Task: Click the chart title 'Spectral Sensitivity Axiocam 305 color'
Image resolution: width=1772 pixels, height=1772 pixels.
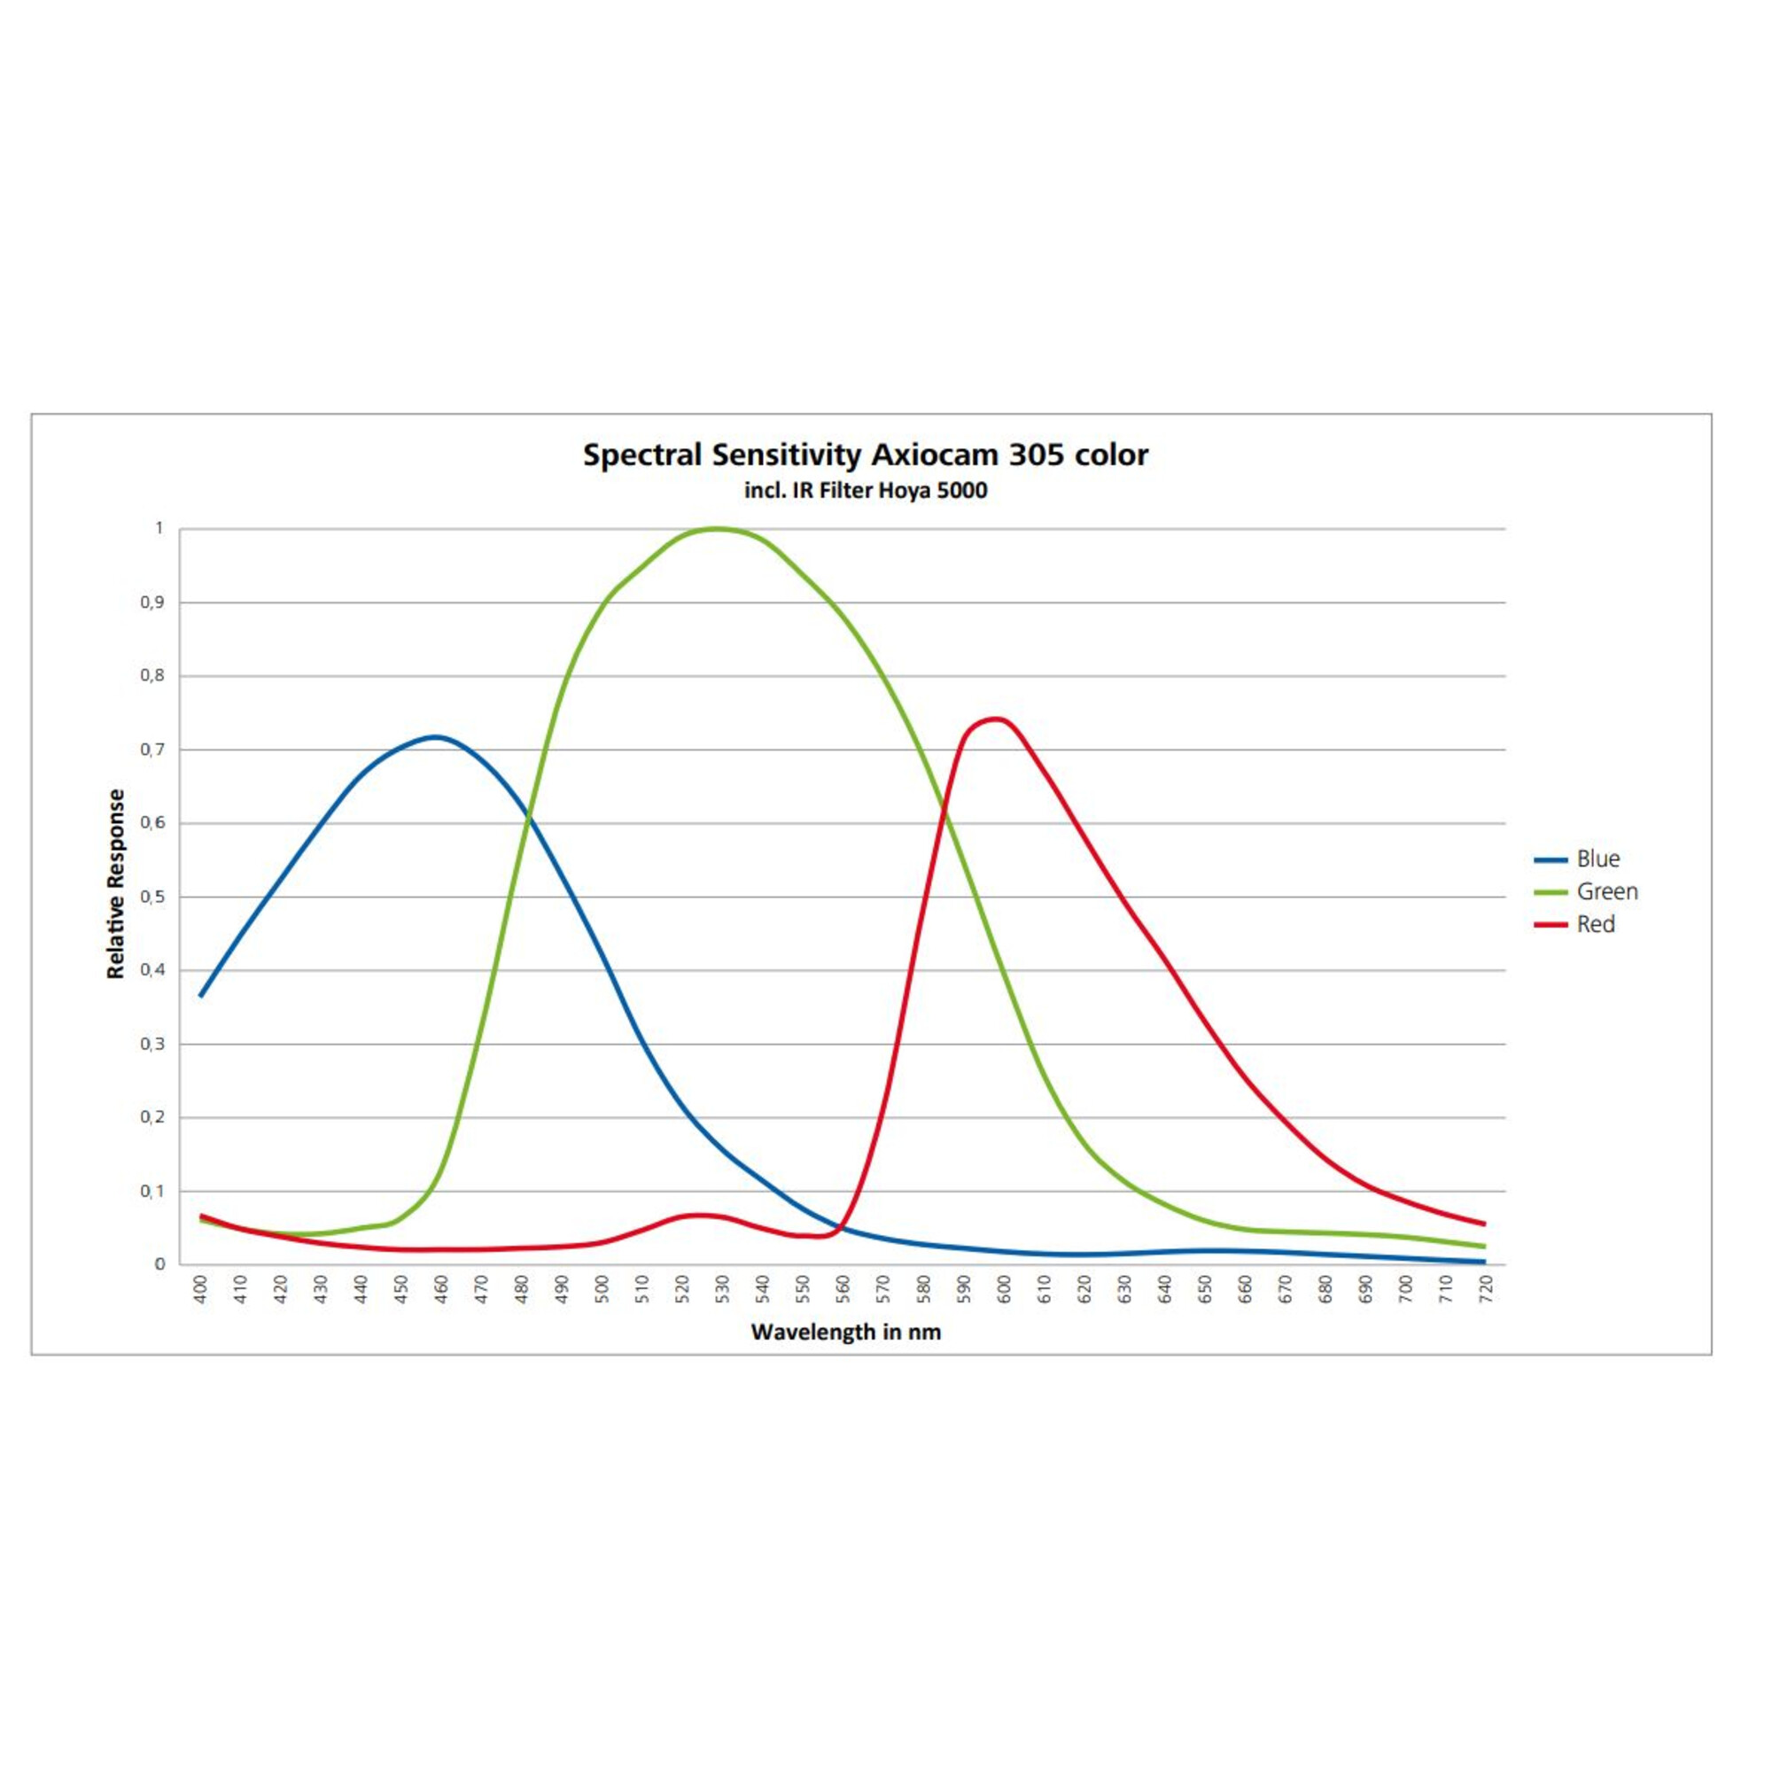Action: (865, 455)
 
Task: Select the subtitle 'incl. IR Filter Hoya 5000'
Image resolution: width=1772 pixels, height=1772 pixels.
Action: (865, 491)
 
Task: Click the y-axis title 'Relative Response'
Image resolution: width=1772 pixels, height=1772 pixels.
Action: (115, 884)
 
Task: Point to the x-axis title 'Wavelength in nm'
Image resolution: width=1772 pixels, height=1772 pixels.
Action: (845, 1333)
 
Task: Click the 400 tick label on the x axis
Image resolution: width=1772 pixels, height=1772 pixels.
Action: (201, 1291)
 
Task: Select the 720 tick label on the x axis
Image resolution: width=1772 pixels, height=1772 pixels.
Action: (1486, 1291)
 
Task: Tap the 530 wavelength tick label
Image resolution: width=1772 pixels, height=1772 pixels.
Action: (723, 1291)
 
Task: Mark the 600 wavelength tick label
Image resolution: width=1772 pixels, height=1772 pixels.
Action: (1004, 1291)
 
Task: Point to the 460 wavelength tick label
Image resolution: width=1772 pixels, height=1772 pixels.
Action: (442, 1291)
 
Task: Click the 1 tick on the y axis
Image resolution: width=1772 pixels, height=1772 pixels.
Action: (159, 528)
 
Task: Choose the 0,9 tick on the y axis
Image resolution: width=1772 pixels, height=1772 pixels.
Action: (152, 602)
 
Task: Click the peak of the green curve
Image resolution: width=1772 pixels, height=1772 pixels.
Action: (718, 528)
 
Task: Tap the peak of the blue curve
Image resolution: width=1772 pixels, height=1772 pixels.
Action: (437, 736)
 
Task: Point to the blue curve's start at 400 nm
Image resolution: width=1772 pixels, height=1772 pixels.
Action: (201, 995)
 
